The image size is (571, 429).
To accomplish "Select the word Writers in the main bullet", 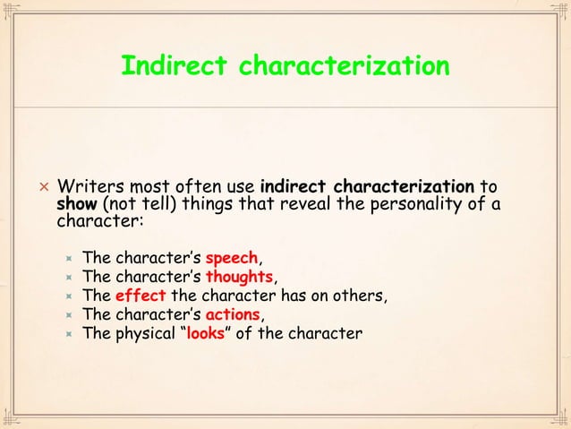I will pyautogui.click(x=86, y=188).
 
